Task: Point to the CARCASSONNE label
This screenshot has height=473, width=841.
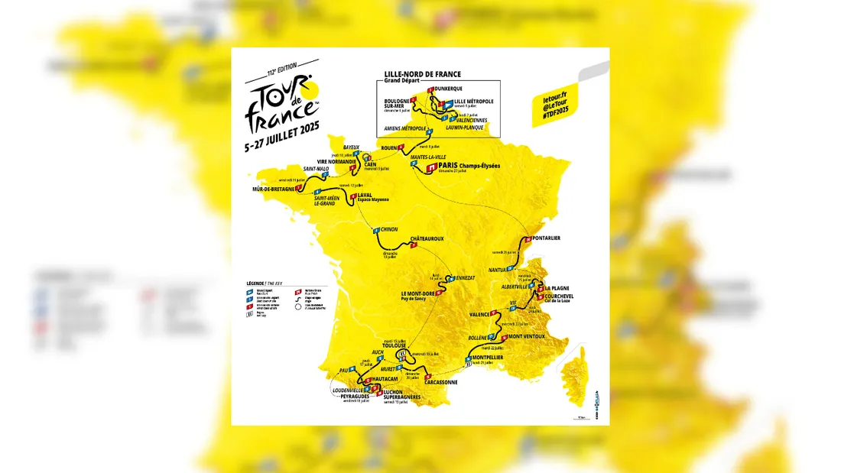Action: click(438, 382)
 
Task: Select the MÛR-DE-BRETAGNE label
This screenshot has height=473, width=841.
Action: click(273, 189)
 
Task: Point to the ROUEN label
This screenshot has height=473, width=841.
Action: click(391, 147)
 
